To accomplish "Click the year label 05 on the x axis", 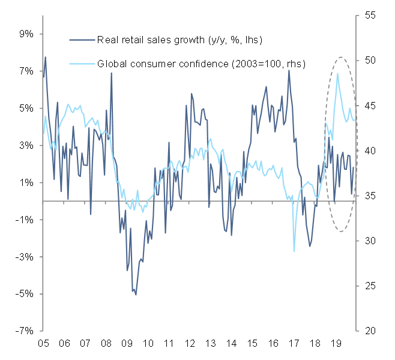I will [x=43, y=346].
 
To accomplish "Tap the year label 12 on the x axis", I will [x=189, y=346].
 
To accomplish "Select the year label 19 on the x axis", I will [x=336, y=346].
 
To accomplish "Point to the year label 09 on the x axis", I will [x=126, y=346].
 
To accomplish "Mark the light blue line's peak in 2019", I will [x=338, y=73].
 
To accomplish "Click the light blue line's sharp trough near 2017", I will [x=294, y=251].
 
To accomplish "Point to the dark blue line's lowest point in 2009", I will [x=136, y=295].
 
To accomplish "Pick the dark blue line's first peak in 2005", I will [x=46, y=57].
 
